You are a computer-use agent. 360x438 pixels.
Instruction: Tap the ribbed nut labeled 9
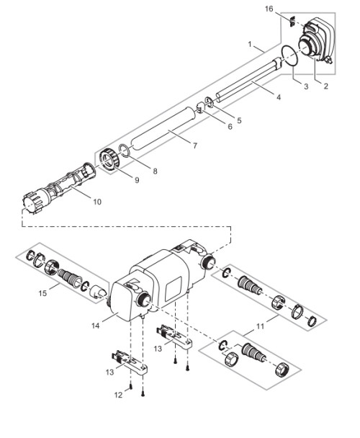click(109, 159)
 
